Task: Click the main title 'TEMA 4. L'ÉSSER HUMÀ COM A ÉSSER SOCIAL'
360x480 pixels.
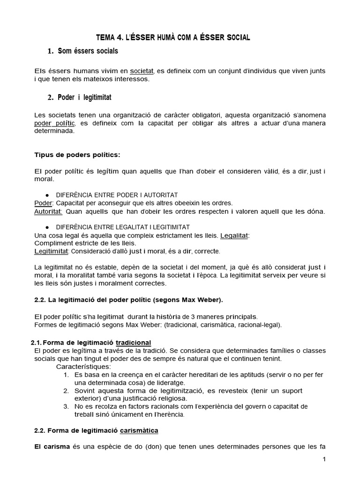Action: (173, 37)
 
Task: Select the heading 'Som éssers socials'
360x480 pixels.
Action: (88, 51)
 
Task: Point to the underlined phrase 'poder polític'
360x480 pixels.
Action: (55, 123)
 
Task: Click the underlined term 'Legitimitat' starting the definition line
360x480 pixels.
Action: (52, 251)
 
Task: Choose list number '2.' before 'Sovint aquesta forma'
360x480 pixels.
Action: (66, 390)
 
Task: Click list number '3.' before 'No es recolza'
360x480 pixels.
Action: (66, 406)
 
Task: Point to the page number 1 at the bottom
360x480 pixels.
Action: (324, 459)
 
